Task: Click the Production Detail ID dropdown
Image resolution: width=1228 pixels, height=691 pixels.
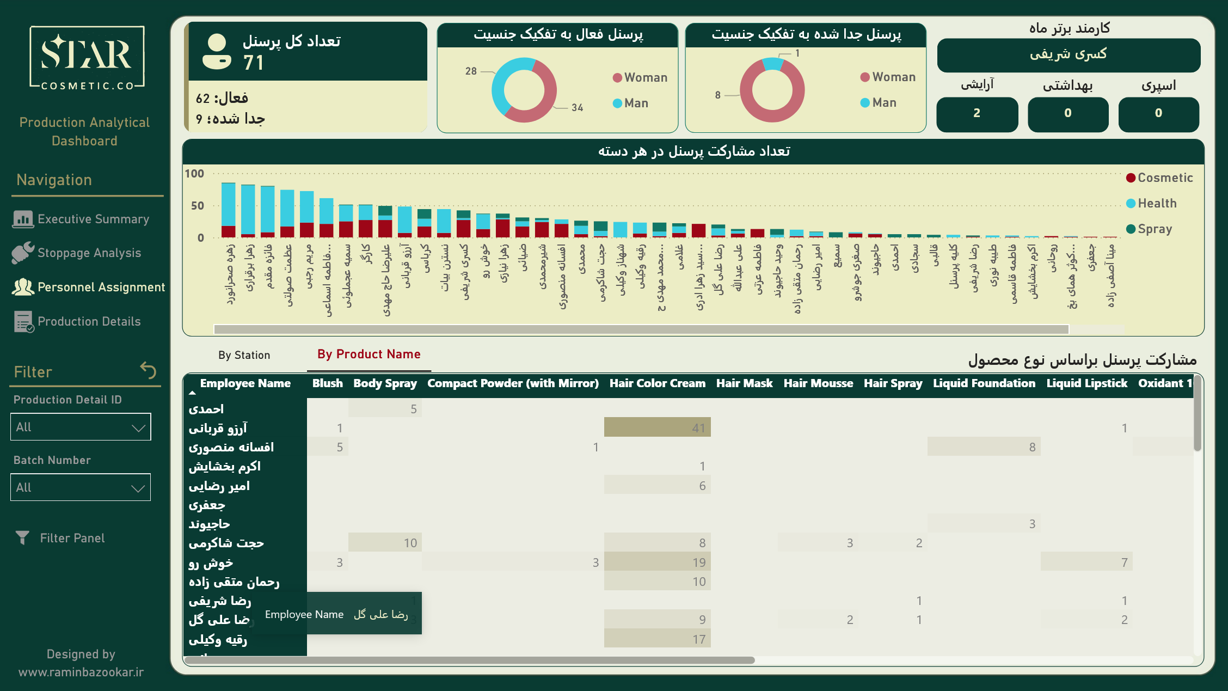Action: click(x=81, y=427)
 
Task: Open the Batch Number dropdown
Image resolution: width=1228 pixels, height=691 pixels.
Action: click(x=81, y=487)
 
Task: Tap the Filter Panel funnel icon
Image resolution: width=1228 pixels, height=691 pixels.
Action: click(x=22, y=538)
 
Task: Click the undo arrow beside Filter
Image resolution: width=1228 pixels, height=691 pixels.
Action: click(x=148, y=370)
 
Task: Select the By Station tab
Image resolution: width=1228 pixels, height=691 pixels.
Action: click(x=244, y=355)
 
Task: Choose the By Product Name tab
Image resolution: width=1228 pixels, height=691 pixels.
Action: click(x=369, y=354)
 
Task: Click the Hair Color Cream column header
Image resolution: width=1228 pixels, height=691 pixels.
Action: click(x=657, y=383)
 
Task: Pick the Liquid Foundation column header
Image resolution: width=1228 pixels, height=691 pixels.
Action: click(x=984, y=383)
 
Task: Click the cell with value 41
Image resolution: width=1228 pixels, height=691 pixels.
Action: click(x=657, y=428)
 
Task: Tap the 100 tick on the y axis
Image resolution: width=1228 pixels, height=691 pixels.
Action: click(x=194, y=174)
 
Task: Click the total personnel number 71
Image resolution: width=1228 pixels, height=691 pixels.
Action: click(x=254, y=63)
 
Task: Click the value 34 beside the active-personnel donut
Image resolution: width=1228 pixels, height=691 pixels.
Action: click(x=577, y=108)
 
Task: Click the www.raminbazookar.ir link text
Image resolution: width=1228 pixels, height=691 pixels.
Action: click(x=81, y=672)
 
